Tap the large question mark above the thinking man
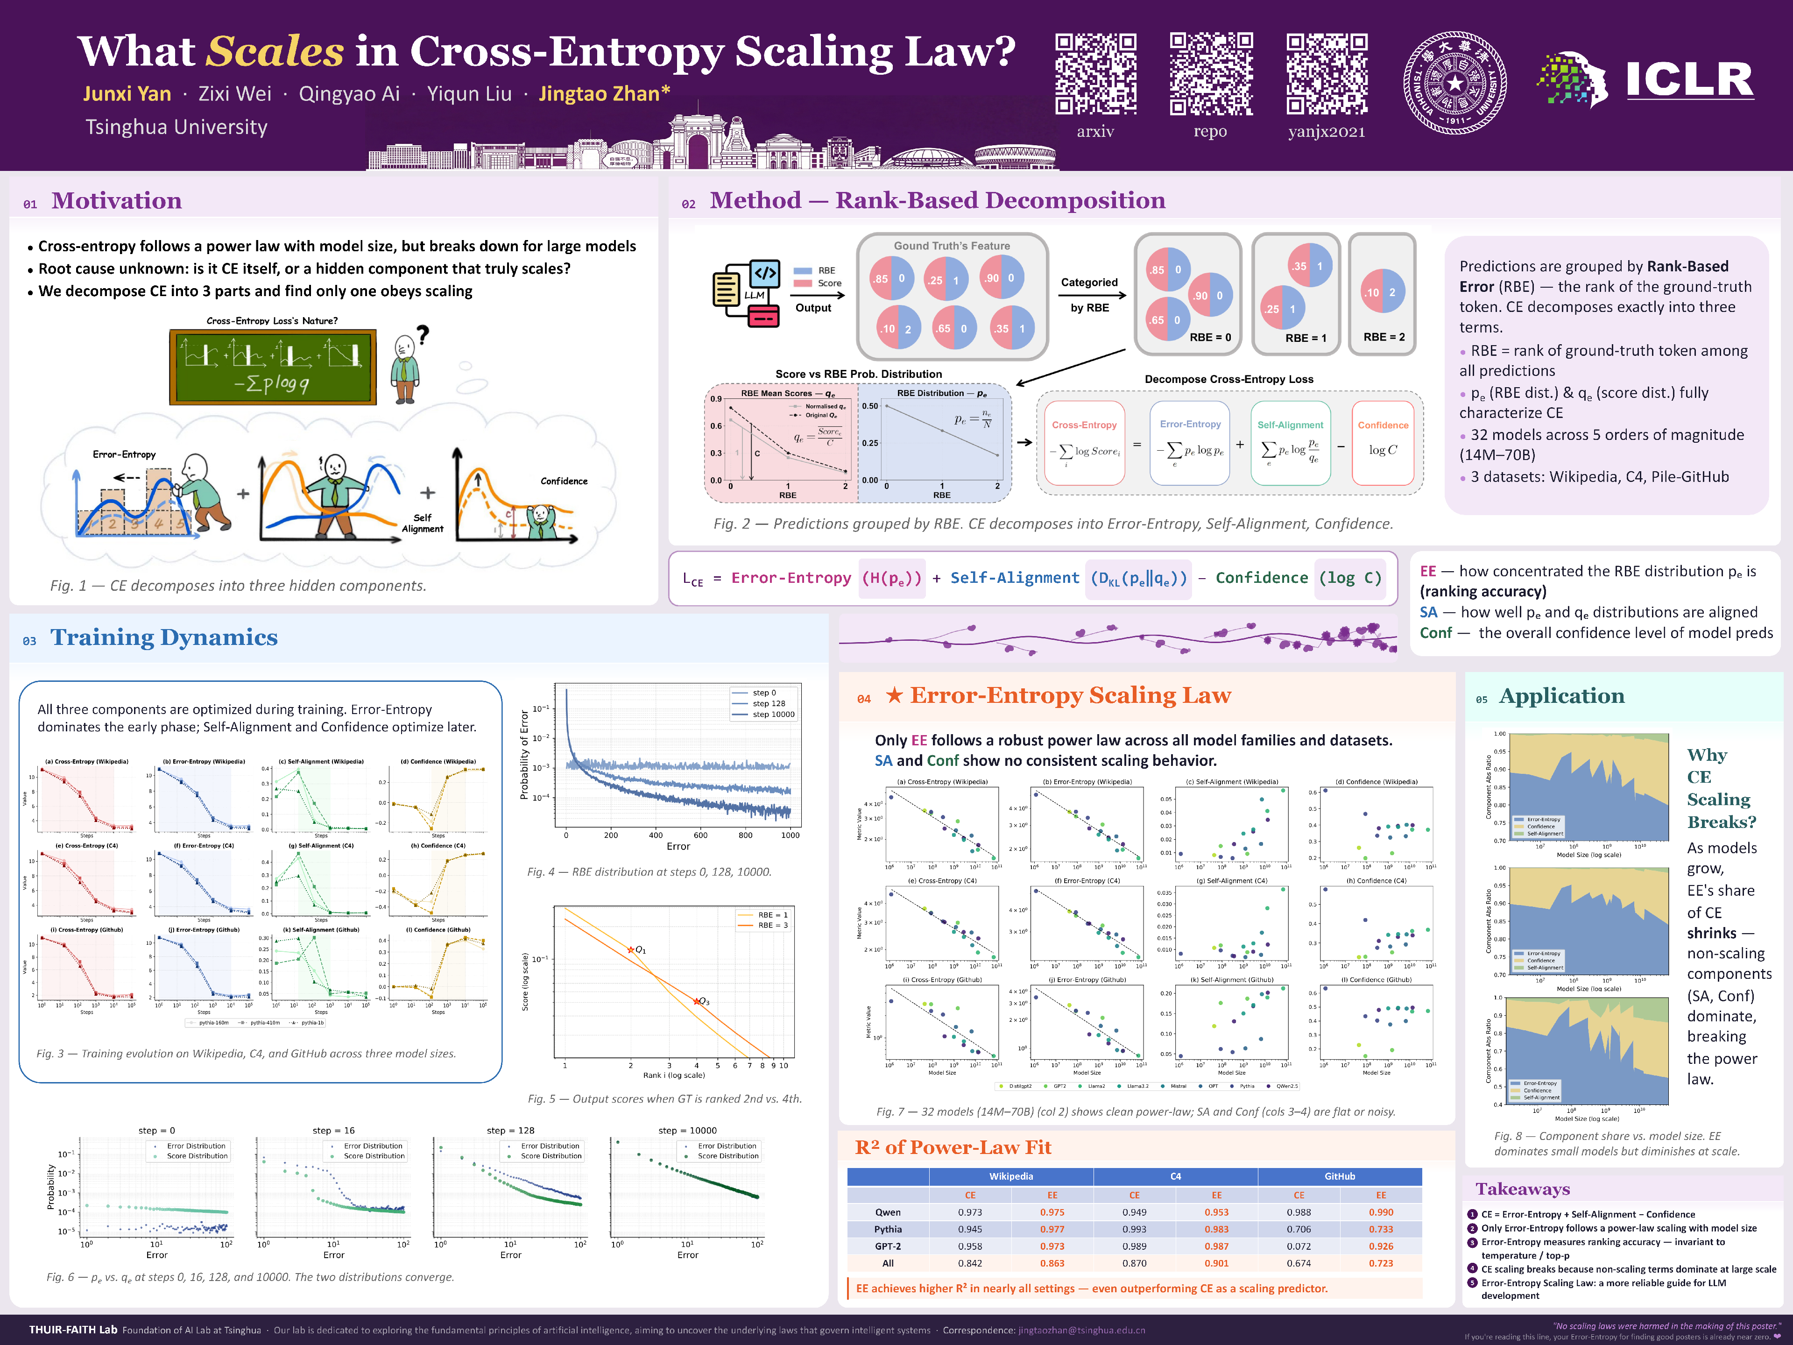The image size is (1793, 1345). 422,334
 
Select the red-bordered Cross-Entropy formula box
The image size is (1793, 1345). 1084,443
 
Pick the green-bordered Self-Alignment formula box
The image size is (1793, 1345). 1290,443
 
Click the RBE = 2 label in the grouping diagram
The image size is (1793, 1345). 1384,336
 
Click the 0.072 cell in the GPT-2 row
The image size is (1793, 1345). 1299,1246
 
